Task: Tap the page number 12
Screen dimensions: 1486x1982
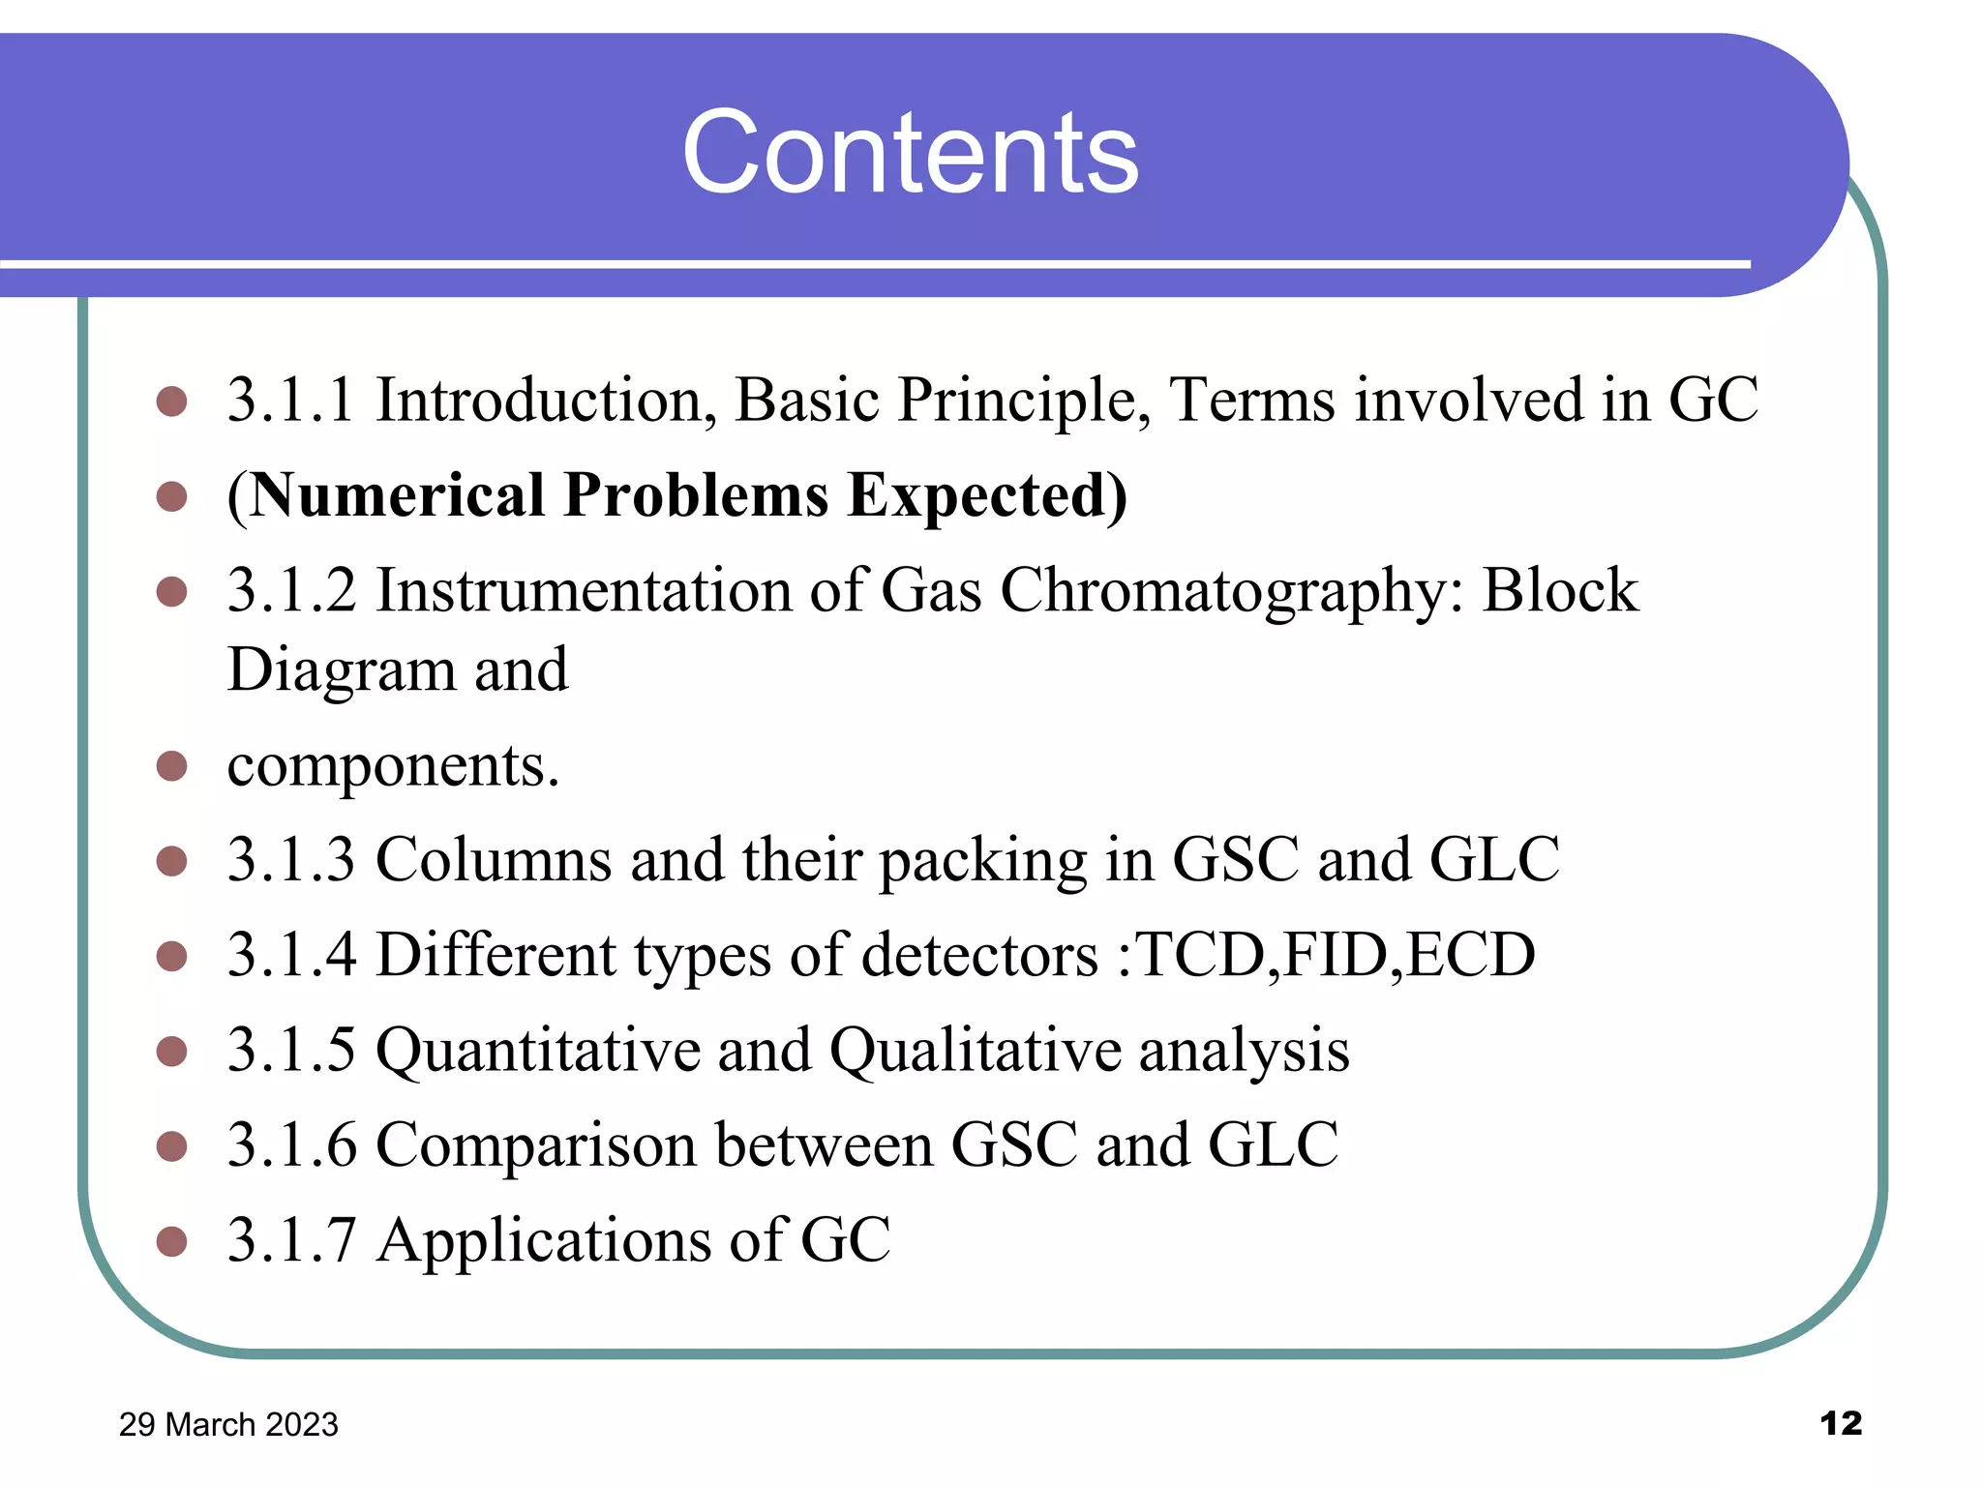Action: click(1840, 1423)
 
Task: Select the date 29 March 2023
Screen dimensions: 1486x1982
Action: click(228, 1424)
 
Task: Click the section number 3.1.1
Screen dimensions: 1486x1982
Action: click(290, 400)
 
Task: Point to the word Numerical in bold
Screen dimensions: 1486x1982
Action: click(397, 495)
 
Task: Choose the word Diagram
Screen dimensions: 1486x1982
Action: click(342, 669)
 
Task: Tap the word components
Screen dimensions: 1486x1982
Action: click(392, 766)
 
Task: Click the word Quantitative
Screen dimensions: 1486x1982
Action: click(537, 1051)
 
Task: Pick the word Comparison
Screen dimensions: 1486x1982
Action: click(536, 1145)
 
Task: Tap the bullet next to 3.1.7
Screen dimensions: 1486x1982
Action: click(171, 1241)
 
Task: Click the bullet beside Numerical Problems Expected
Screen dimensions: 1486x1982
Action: click(171, 496)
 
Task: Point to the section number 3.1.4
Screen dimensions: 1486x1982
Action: click(290, 955)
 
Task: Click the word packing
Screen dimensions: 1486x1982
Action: click(982, 860)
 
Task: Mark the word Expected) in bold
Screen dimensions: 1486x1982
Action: click(987, 495)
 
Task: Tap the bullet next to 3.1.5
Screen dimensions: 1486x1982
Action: click(171, 1051)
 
